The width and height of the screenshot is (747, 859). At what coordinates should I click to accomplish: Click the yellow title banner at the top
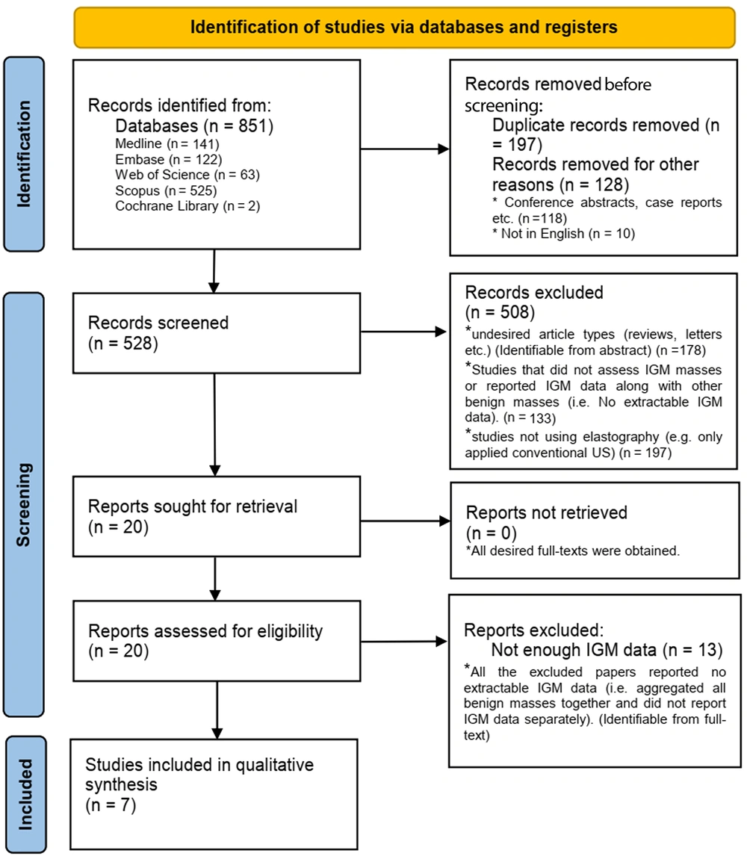(404, 28)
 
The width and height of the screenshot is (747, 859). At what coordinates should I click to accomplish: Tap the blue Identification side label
(24, 154)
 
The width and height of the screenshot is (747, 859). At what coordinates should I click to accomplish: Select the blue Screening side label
(24, 504)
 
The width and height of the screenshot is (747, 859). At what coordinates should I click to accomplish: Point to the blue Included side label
(25, 794)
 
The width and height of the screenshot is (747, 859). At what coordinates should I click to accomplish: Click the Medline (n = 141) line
(167, 144)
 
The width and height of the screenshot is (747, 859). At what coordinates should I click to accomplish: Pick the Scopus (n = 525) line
(166, 190)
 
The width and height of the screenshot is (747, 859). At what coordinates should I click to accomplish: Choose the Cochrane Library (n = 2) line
(187, 206)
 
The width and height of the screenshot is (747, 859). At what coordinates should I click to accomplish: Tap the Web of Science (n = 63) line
(187, 175)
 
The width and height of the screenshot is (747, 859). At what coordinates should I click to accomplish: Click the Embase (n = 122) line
(169, 159)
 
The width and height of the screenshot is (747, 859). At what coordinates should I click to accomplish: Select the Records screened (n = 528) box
(217, 333)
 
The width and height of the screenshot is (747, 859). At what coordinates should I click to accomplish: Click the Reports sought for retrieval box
(217, 517)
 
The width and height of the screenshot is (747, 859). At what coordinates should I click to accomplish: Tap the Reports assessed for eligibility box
(217, 641)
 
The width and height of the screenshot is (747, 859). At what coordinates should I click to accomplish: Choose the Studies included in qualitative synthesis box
(214, 794)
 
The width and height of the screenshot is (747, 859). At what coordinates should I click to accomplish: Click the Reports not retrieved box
(595, 530)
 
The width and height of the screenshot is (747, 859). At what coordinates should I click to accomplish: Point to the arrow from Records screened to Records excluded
(404, 332)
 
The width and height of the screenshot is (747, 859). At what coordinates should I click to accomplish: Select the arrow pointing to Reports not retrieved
(405, 521)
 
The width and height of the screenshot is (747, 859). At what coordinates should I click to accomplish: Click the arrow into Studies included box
(217, 710)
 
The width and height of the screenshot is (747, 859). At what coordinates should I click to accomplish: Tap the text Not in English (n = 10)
(564, 234)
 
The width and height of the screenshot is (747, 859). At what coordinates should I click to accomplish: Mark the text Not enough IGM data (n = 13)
(607, 651)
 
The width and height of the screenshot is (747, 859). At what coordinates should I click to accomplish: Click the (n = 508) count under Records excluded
(500, 312)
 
